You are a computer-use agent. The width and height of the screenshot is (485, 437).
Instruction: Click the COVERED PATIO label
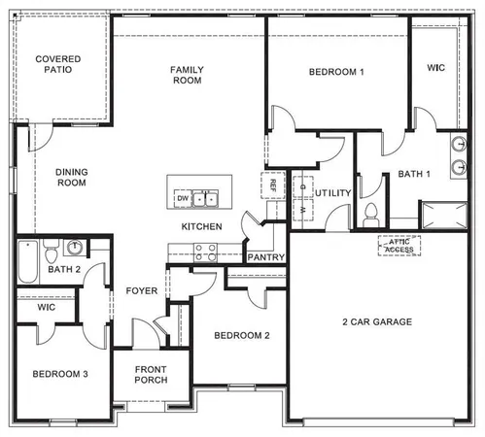pyautogui.click(x=58, y=65)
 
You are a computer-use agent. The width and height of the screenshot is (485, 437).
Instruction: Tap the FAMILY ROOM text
pyautogui.click(x=186, y=75)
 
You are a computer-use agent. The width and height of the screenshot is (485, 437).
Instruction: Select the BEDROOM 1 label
pyautogui.click(x=336, y=72)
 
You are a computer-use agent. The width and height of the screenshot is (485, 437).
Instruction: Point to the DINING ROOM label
pyautogui.click(x=72, y=177)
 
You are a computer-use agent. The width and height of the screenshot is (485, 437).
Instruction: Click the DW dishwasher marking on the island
pyautogui.click(x=182, y=199)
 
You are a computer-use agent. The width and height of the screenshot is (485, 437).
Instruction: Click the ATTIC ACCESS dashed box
pyautogui.click(x=398, y=245)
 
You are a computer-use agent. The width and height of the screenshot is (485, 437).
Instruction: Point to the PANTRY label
pyautogui.click(x=265, y=257)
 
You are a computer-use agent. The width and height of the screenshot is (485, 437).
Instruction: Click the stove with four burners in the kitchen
pyautogui.click(x=205, y=252)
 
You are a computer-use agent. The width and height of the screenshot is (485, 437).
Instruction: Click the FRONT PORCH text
pyautogui.click(x=151, y=374)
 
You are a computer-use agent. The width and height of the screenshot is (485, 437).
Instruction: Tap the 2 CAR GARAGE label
pyautogui.click(x=376, y=321)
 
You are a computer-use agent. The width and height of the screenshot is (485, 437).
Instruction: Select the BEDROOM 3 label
pyautogui.click(x=60, y=374)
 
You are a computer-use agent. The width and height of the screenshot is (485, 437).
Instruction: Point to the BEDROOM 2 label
pyautogui.click(x=242, y=336)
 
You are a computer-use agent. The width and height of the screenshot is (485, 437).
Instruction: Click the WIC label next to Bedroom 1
pyautogui.click(x=436, y=68)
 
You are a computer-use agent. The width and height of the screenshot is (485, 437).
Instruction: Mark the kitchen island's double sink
pyautogui.click(x=204, y=199)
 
